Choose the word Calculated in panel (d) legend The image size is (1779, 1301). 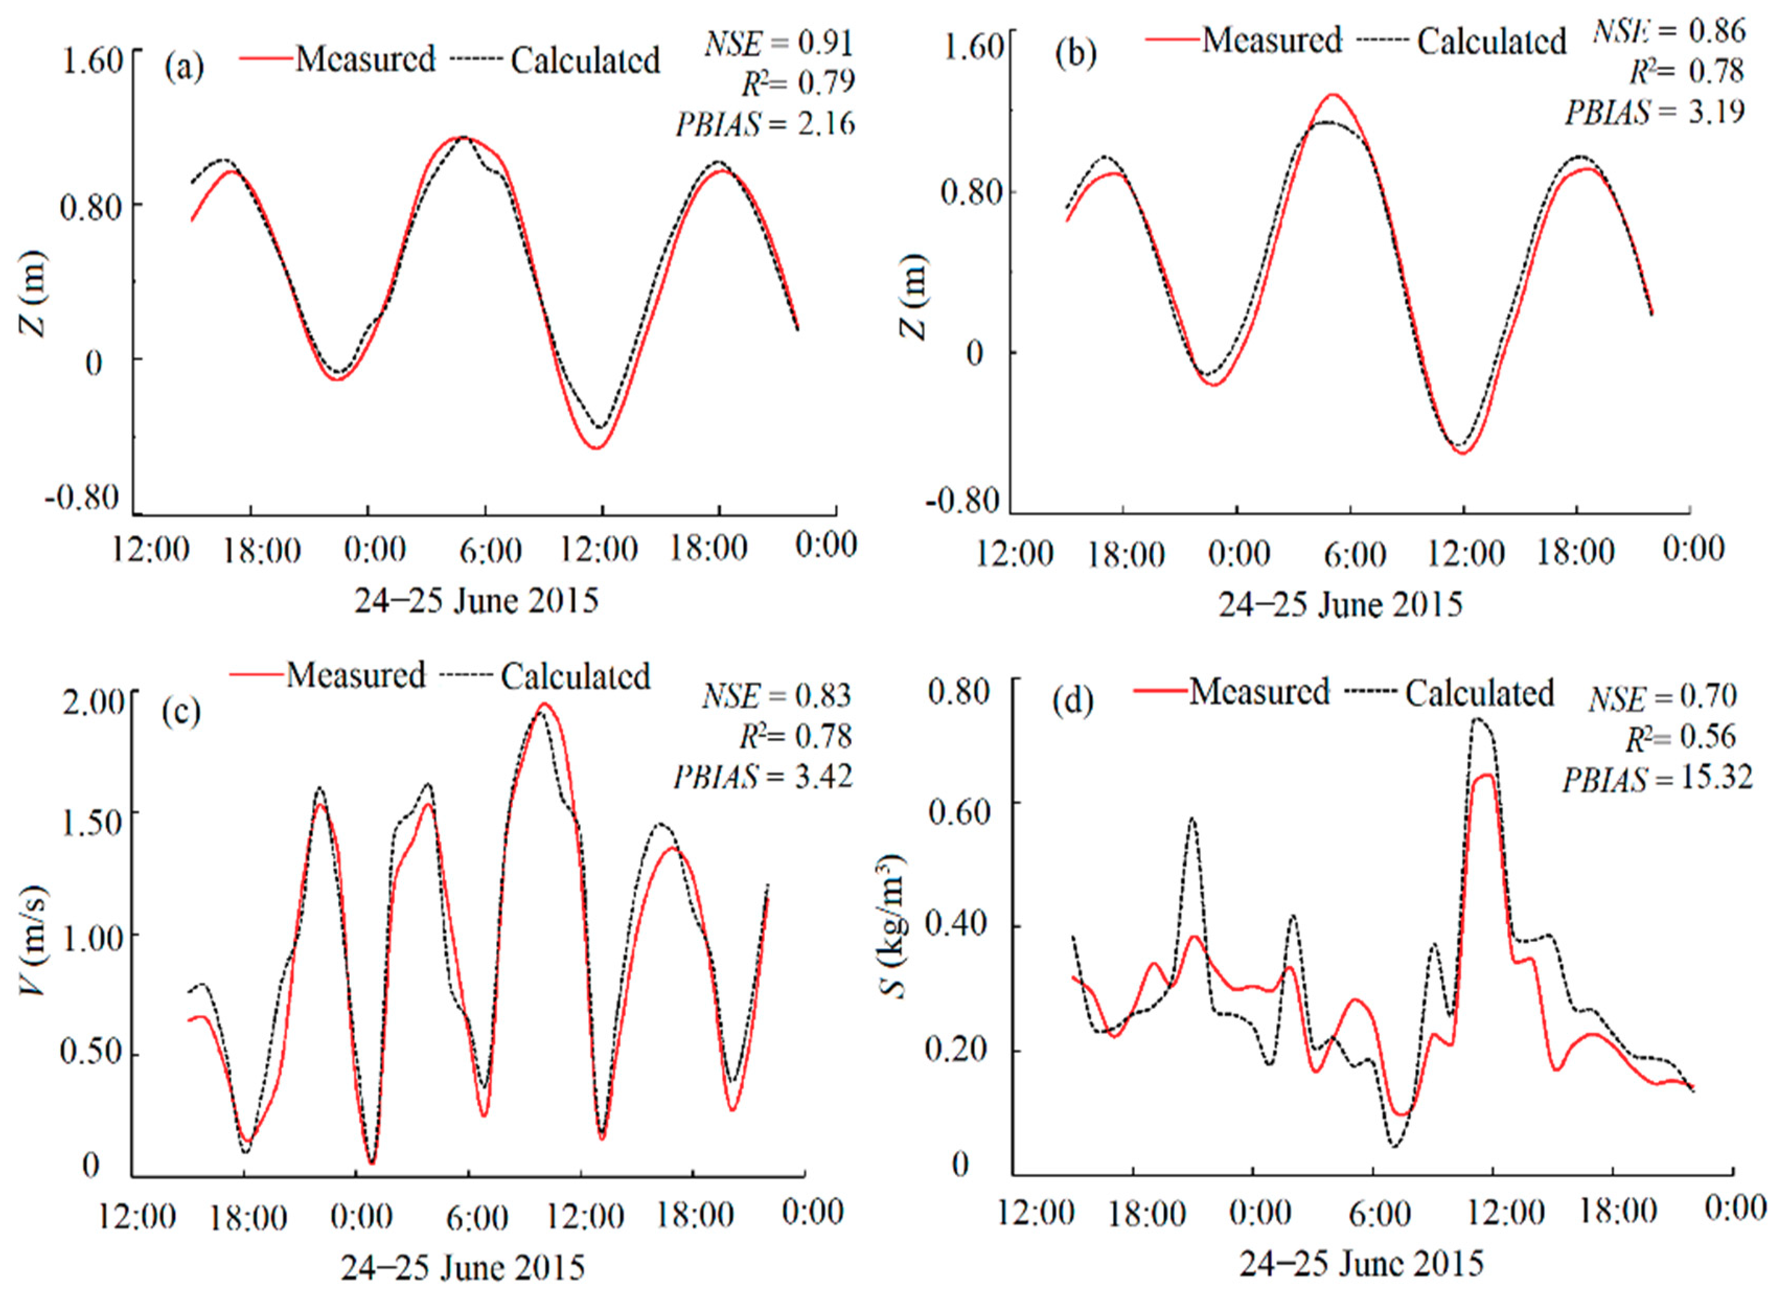coord(1478,693)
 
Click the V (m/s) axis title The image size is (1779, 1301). coord(36,939)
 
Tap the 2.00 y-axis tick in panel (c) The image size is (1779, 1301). coord(93,701)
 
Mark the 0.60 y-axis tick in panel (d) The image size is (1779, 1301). coord(958,811)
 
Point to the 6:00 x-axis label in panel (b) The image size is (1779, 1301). coord(1354,555)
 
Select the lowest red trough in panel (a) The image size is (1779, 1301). coord(599,448)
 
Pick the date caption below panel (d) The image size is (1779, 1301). coord(1360,1264)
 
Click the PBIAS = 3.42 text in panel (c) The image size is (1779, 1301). coord(762,777)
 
